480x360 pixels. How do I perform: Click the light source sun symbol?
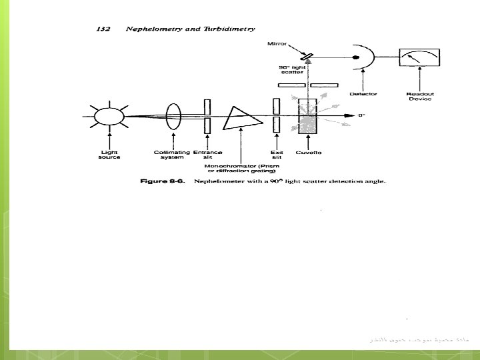click(x=105, y=117)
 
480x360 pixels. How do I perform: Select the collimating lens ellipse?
click(x=175, y=117)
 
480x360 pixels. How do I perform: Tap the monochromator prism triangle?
click(x=239, y=118)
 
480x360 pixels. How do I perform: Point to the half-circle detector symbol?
click(x=363, y=57)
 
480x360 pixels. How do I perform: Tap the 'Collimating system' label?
click(x=173, y=155)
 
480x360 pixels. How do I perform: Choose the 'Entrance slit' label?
click(x=207, y=155)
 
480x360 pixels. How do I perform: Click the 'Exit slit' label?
click(x=276, y=155)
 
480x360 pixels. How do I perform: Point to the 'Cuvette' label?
click(x=309, y=153)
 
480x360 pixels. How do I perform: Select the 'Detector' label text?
click(x=363, y=94)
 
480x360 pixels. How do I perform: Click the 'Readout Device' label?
click(x=419, y=96)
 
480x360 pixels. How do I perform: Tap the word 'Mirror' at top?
click(x=277, y=44)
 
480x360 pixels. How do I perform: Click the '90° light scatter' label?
click(x=291, y=70)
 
